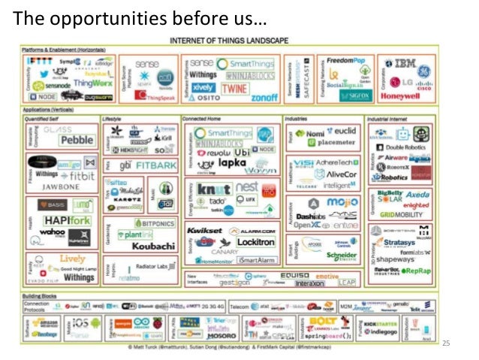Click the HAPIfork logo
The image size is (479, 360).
tap(57, 220)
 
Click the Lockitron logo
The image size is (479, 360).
tap(255, 242)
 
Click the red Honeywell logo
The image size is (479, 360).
tap(400, 97)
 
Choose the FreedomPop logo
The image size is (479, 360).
tap(340, 61)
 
